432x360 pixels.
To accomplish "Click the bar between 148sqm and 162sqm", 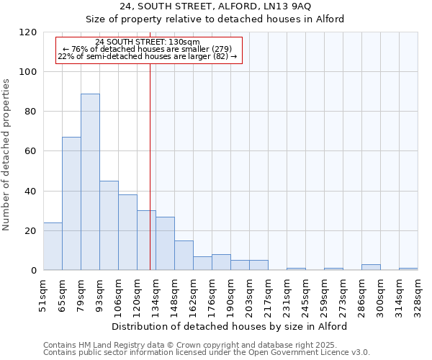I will pyautogui.click(x=184, y=256).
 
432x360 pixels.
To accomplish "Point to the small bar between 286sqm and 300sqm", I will pyautogui.click(x=371, y=267).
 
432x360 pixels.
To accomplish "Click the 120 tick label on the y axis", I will pyautogui.click(x=28, y=32).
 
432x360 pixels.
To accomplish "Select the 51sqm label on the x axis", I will pyautogui.click(x=44, y=296).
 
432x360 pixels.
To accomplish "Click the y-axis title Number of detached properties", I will pyautogui.click(x=6, y=155).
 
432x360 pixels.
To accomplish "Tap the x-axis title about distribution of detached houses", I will pyautogui.click(x=230, y=326).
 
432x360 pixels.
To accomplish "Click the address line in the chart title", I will pyautogui.click(x=215, y=6).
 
